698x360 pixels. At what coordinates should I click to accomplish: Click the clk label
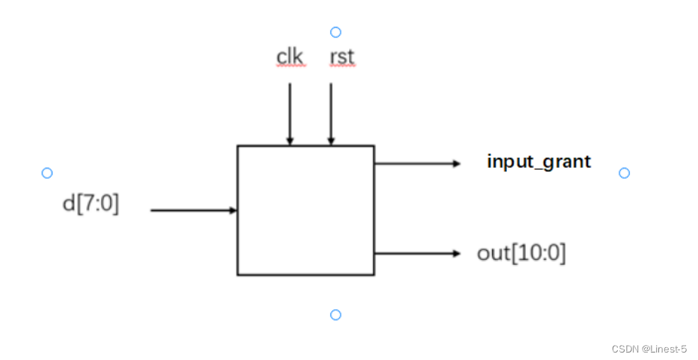coord(290,57)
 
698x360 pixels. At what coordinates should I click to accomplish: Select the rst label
coord(342,57)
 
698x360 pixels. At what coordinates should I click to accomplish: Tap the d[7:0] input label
coord(91,204)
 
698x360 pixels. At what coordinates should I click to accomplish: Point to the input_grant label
coord(538,161)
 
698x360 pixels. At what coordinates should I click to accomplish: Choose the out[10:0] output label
coord(521,253)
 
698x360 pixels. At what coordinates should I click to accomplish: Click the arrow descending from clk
coord(290,112)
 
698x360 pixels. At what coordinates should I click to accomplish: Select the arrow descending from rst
coord(330,112)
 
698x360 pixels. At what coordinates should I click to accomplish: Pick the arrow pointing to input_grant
coord(416,162)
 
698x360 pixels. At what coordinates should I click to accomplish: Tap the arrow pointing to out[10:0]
coord(416,253)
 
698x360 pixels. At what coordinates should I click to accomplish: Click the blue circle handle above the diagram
coord(336,32)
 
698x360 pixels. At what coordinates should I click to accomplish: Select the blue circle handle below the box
coord(336,314)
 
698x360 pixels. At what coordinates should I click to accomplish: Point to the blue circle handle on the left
coord(47,173)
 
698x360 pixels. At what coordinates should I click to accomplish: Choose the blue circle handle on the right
coord(624,173)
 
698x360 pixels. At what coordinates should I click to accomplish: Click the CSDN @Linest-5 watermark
coord(649,349)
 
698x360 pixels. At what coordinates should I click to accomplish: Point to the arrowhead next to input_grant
coord(457,162)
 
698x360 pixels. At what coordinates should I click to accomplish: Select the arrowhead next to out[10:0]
coord(457,253)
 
